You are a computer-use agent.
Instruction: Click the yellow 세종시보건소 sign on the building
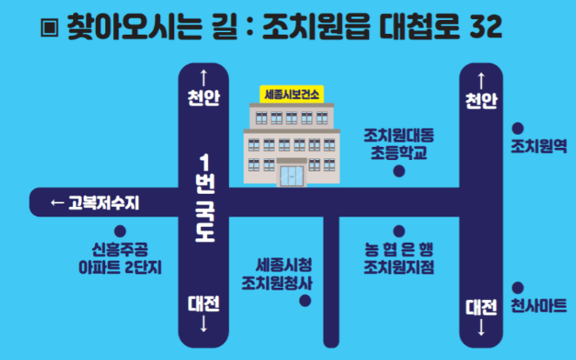(291, 92)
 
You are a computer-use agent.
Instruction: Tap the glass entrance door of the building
(291, 177)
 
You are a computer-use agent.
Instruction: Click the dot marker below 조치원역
(518, 128)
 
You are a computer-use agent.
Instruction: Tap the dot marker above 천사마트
(518, 286)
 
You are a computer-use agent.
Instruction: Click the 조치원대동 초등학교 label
(399, 144)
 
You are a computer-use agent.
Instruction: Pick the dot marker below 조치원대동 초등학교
(399, 171)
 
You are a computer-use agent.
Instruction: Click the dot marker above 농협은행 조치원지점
(399, 231)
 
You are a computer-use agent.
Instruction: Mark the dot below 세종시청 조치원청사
(305, 302)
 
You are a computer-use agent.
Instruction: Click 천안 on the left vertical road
(204, 97)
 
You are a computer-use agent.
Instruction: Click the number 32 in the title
(484, 27)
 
